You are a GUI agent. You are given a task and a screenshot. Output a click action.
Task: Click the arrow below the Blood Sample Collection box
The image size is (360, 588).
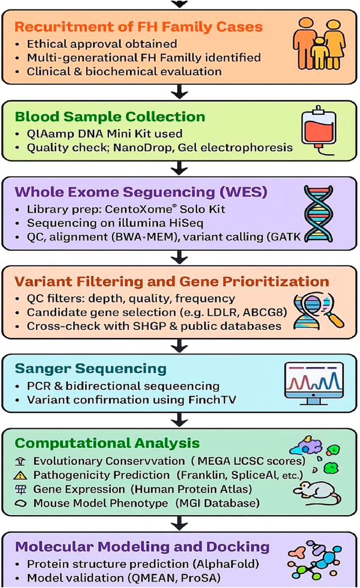click(x=180, y=171)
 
